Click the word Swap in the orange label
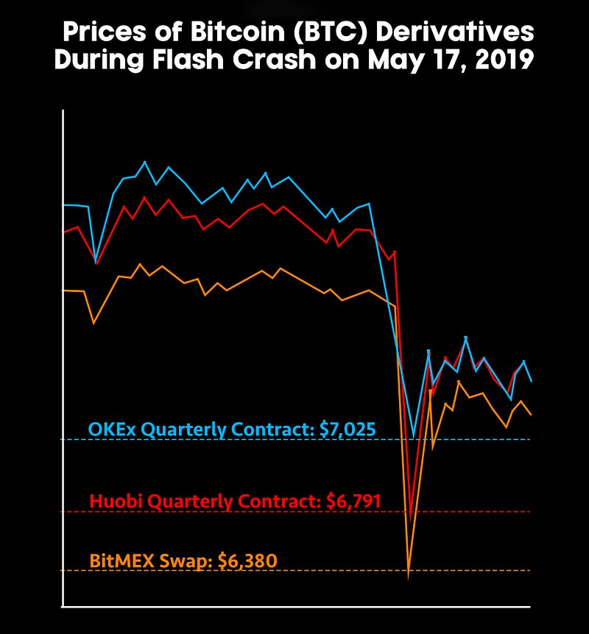(177, 561)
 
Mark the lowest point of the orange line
(409, 576)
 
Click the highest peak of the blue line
(144, 162)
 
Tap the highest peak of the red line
(144, 197)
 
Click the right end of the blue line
(531, 381)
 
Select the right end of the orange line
(531, 414)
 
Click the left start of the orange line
(64, 291)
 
